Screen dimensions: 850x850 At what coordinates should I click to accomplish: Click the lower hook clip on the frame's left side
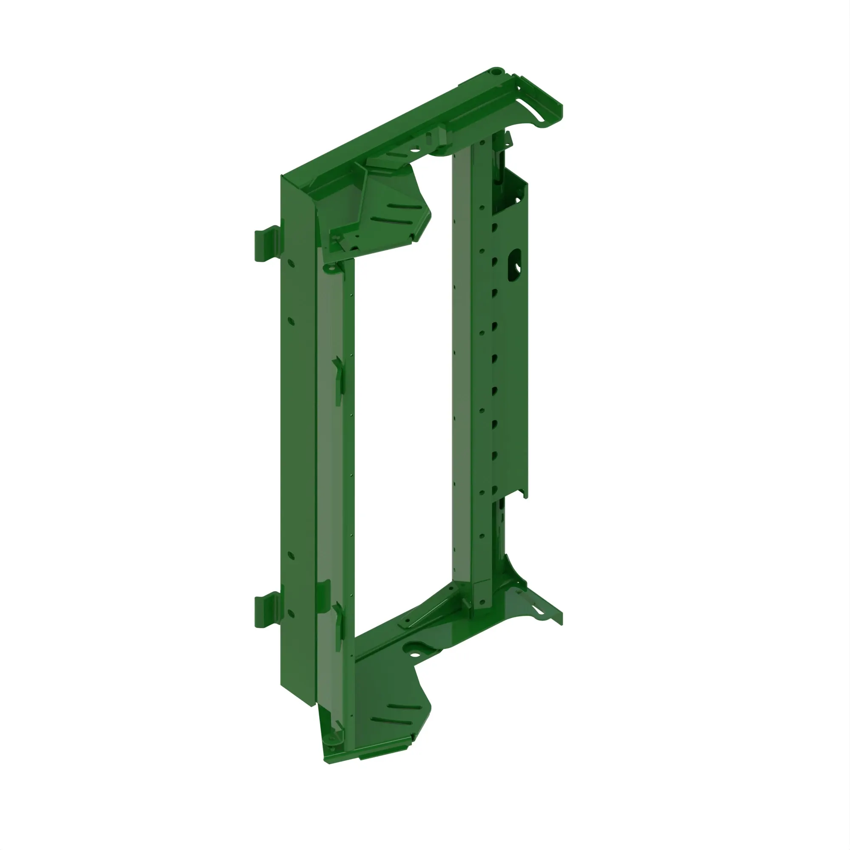tap(266, 609)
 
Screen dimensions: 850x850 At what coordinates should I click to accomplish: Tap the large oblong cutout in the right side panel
tap(514, 265)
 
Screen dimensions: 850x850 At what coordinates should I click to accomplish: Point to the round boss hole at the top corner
tap(496, 71)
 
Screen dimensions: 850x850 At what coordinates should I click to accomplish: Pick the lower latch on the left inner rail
tap(338, 626)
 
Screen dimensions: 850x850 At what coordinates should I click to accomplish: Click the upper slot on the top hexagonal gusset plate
tap(403, 206)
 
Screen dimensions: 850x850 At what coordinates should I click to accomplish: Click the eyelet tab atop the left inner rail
tap(330, 268)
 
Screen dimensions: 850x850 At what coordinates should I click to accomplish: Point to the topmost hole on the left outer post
tap(291, 263)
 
